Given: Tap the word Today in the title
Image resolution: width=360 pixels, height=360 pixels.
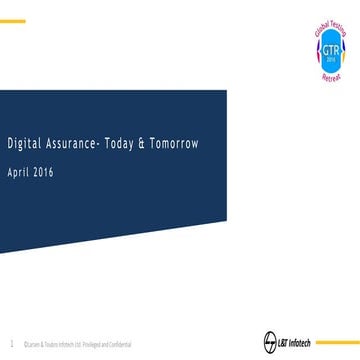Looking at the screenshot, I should [x=118, y=144].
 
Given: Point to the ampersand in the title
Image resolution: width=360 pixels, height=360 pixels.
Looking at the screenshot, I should [x=143, y=144].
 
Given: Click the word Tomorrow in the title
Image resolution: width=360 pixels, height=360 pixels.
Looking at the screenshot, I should [x=174, y=144].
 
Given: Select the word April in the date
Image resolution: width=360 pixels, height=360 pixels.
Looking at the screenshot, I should [x=20, y=172].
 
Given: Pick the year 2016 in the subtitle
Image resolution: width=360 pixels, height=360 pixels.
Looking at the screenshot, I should [x=43, y=172].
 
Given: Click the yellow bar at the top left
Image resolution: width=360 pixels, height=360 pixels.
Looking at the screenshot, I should [x=11, y=20].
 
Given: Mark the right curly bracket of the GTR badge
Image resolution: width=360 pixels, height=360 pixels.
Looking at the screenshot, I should [x=339, y=46].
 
